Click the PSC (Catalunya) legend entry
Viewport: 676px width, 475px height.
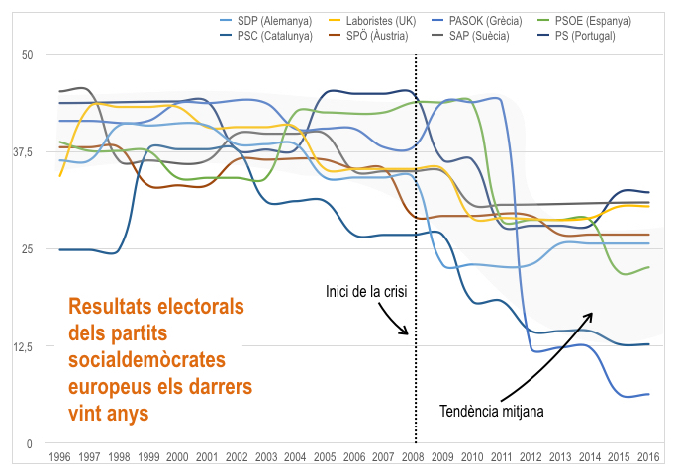(x=275, y=36)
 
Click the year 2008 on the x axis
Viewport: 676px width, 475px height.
(x=416, y=457)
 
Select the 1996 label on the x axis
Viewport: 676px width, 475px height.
(x=59, y=457)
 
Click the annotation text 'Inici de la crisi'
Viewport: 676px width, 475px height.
(x=365, y=292)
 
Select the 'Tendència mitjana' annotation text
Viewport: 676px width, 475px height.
(x=492, y=409)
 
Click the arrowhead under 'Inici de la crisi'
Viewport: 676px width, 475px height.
(x=405, y=332)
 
